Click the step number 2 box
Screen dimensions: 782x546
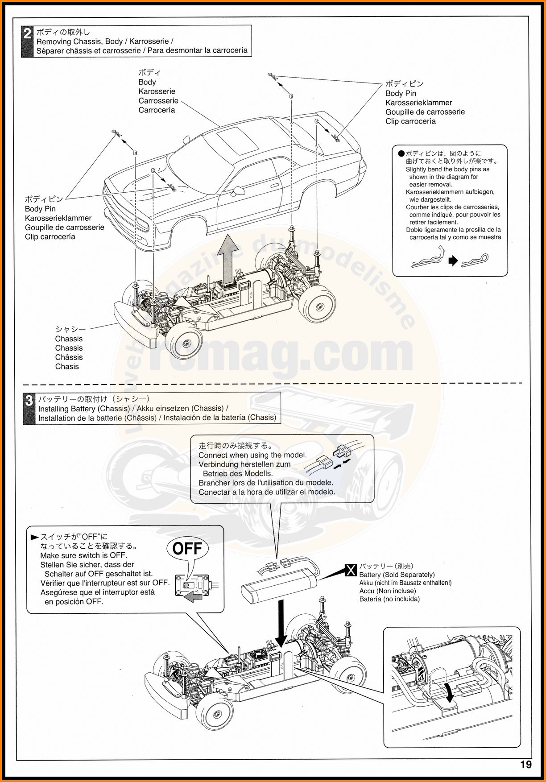28,41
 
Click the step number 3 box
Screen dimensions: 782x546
29,408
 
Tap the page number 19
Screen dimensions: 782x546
525,765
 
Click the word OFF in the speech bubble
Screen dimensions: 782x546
187,548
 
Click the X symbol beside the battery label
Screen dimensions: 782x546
351,570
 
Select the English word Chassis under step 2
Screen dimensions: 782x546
69,339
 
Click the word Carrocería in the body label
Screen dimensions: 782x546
157,110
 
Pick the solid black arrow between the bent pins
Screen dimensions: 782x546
453,261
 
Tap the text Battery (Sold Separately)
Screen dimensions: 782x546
397,575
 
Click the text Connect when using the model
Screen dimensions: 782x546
252,455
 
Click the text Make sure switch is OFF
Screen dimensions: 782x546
83,555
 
